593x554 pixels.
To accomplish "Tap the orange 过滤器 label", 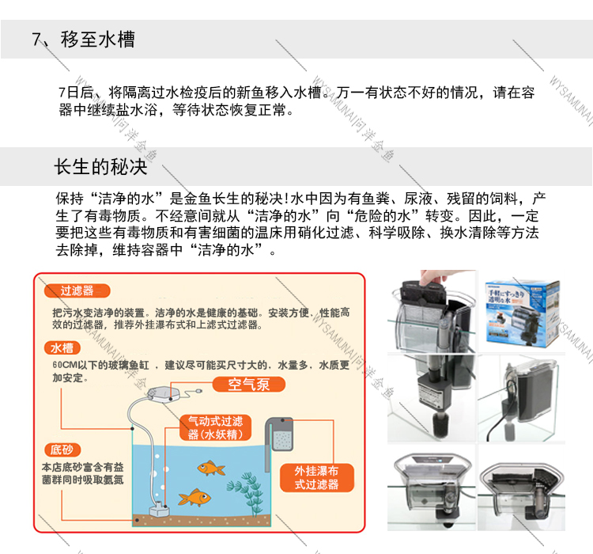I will click(77, 291).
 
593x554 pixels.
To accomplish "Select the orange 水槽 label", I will click(66, 347).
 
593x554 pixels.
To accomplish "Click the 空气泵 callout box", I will click(249, 385).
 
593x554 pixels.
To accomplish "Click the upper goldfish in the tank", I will click(210, 469).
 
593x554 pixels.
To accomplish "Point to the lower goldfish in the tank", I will click(192, 498).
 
